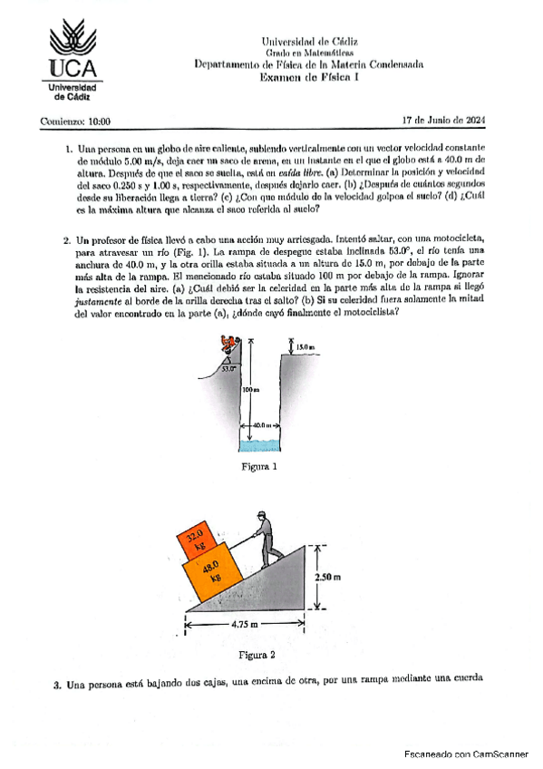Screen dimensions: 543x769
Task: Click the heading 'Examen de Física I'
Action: click(x=309, y=77)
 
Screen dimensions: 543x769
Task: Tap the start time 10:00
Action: click(x=99, y=122)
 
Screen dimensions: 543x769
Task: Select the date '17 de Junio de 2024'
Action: click(x=443, y=120)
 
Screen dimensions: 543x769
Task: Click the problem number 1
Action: click(x=69, y=149)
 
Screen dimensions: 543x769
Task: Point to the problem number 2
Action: click(x=66, y=240)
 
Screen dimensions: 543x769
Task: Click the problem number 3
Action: click(x=57, y=686)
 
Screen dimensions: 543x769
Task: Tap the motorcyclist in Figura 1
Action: click(x=228, y=344)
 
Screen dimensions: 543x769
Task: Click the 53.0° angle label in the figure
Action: click(x=228, y=369)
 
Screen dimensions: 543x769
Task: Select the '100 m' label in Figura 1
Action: click(x=251, y=389)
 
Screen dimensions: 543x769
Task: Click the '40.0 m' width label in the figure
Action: click(x=262, y=425)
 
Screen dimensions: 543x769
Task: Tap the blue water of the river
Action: click(x=260, y=445)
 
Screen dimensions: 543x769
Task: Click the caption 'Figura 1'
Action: click(x=259, y=466)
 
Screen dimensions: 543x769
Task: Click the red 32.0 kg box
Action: click(x=198, y=540)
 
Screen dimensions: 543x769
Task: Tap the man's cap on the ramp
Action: click(x=261, y=514)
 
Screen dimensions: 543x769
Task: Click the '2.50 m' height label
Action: click(x=328, y=578)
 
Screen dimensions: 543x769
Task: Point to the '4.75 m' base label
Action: click(x=245, y=624)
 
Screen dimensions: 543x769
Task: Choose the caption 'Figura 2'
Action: click(x=257, y=655)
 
